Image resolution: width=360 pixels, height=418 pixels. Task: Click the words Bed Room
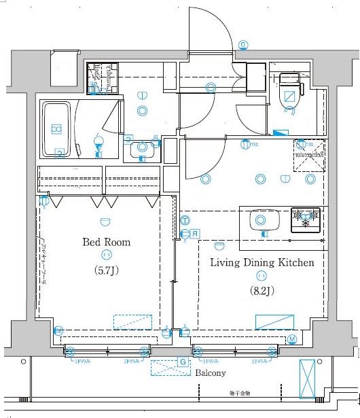(x=106, y=242)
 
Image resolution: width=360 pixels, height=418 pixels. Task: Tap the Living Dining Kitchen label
(x=262, y=262)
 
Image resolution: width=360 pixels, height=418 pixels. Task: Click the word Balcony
(x=211, y=373)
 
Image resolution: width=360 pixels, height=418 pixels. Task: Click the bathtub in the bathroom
(x=57, y=128)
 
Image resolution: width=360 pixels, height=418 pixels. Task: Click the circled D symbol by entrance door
(x=243, y=46)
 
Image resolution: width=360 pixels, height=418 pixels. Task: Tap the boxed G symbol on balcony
(x=182, y=362)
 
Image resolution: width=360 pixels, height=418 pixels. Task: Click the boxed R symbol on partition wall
(x=195, y=234)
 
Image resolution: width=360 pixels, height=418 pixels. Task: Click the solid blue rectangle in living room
(x=274, y=322)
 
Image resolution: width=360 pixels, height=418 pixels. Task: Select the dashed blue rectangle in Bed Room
(x=132, y=322)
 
